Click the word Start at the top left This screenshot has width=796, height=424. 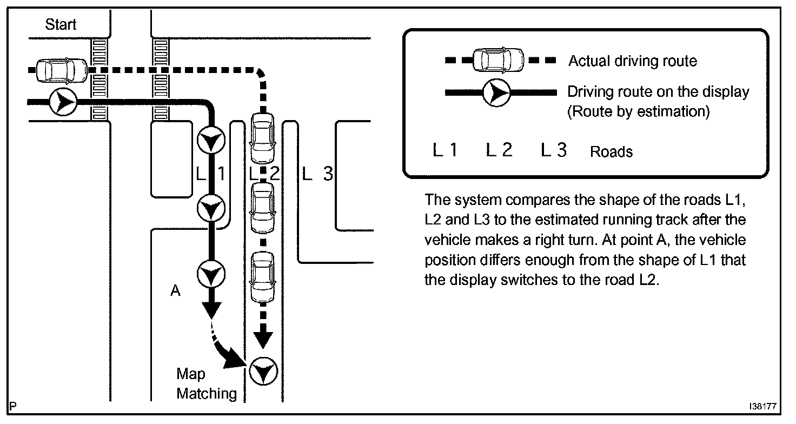61,24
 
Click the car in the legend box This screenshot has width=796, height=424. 498,60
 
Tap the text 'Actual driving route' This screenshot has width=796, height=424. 632,61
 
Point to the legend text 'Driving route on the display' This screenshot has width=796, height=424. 658,91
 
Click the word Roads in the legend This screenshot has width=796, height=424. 611,151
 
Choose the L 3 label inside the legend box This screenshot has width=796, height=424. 554,150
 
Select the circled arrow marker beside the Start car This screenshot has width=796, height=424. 63,101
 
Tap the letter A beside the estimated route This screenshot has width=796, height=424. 175,291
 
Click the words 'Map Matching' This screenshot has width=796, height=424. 206,383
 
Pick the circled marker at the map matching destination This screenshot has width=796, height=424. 264,372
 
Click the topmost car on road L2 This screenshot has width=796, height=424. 263,138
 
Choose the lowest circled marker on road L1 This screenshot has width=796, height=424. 211,275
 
